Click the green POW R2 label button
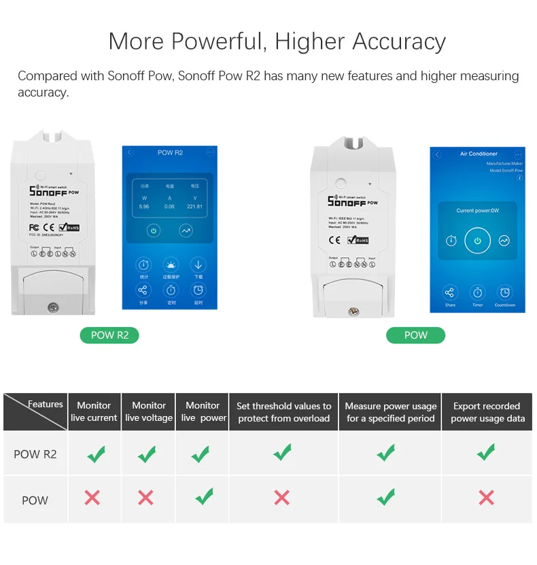pyautogui.click(x=109, y=335)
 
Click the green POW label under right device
pyautogui.click(x=415, y=335)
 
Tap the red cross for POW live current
pyautogui.click(x=92, y=498)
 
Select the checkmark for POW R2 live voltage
pyautogui.click(x=146, y=453)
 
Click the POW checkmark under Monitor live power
pyautogui.click(x=203, y=497)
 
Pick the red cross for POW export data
pyautogui.click(x=486, y=498)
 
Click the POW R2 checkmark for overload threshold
pyautogui.click(x=282, y=452)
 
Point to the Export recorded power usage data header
pyautogui.click(x=487, y=412)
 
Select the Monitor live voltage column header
pyautogui.click(x=148, y=411)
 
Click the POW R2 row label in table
pyautogui.click(x=35, y=453)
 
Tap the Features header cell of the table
pyautogui.click(x=46, y=405)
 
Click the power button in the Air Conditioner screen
pyautogui.click(x=477, y=241)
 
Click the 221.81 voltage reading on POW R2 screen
pyautogui.click(x=194, y=206)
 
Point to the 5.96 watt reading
pyautogui.click(x=143, y=206)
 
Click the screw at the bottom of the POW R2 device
pyautogui.click(x=53, y=307)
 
